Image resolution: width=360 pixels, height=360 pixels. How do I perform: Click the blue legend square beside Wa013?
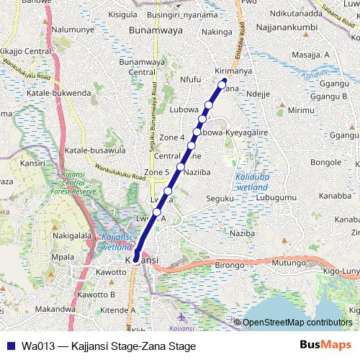9,346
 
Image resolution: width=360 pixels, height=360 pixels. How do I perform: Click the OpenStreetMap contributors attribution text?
298,323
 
